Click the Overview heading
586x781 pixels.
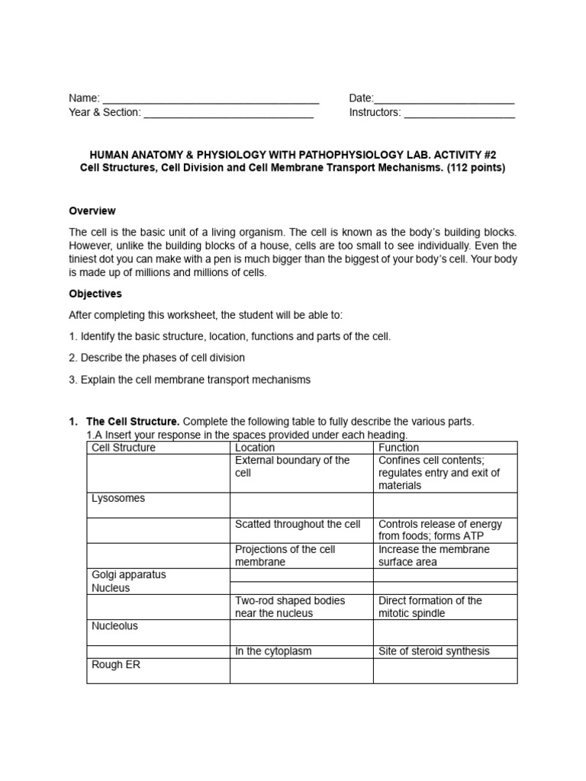(x=92, y=211)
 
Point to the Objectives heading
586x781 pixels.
(x=95, y=294)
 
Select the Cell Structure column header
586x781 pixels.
(x=123, y=448)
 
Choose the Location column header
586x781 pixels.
(x=255, y=448)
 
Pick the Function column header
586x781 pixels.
(x=398, y=448)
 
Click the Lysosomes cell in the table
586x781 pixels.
(x=118, y=499)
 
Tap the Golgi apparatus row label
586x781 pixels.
(x=129, y=575)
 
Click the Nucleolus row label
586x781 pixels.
(x=115, y=626)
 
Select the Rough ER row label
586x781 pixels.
(x=116, y=664)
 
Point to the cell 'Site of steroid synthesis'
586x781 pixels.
(x=433, y=651)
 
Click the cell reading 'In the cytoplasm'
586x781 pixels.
(x=273, y=651)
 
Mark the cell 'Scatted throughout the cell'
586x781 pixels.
(x=298, y=524)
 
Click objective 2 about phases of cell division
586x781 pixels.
(x=156, y=358)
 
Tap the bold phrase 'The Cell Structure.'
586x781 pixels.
(x=133, y=422)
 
